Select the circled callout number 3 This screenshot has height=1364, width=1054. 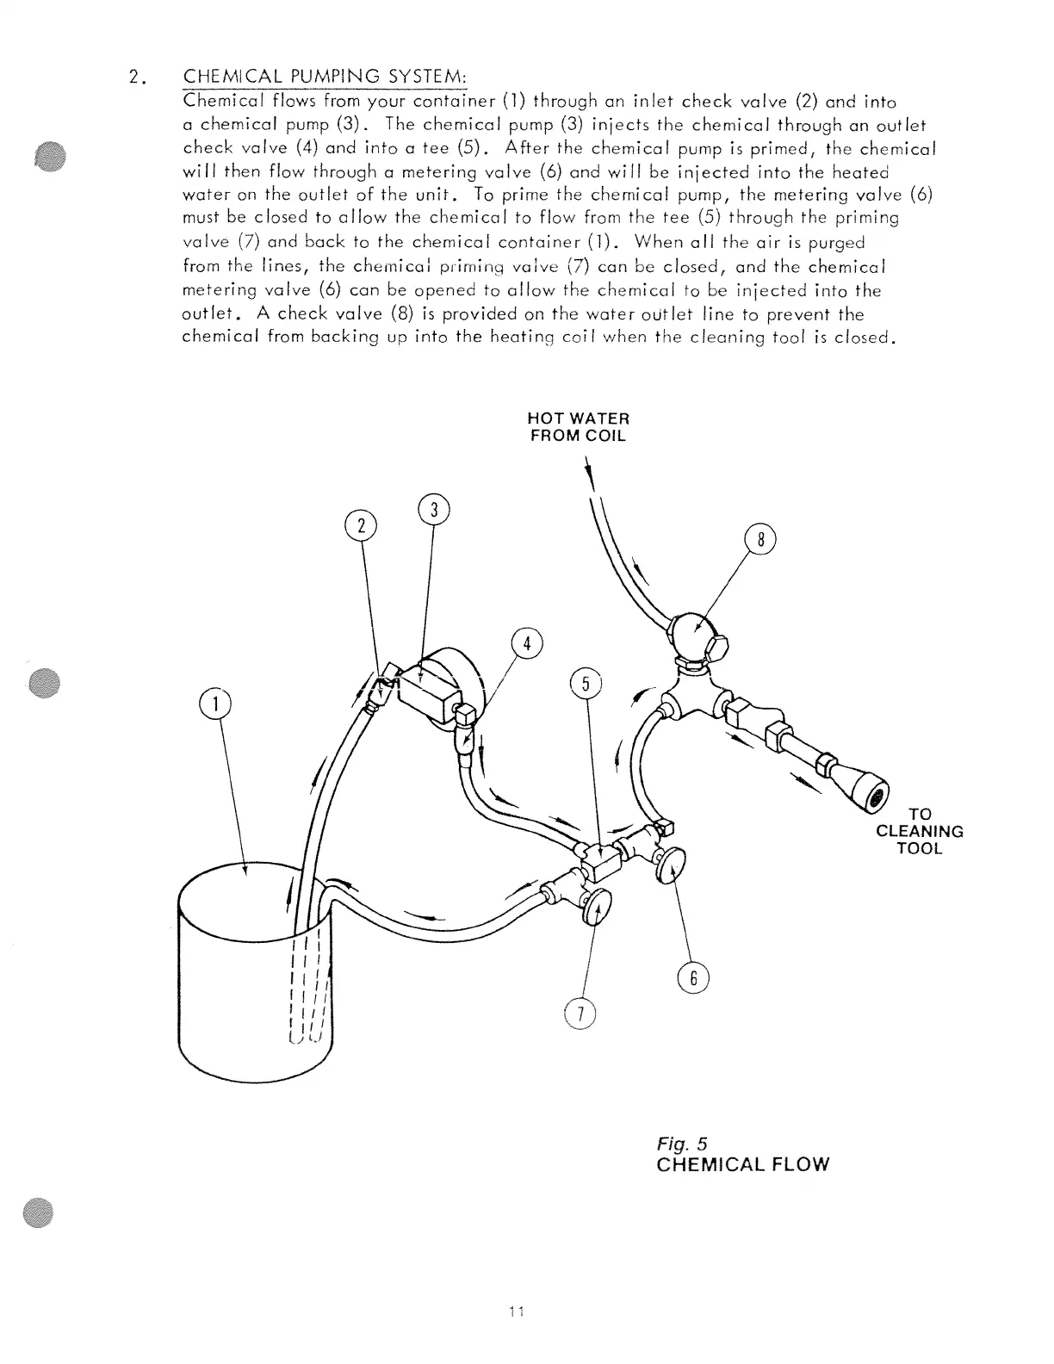point(433,510)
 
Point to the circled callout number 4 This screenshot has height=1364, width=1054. point(527,644)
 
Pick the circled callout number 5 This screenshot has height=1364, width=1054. point(586,685)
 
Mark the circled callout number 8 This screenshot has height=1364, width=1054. point(759,541)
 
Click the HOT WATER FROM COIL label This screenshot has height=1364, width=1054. point(578,427)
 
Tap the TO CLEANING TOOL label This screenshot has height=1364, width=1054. point(919,831)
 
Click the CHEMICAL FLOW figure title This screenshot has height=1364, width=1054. point(742,1165)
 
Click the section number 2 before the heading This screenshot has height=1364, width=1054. point(134,77)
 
